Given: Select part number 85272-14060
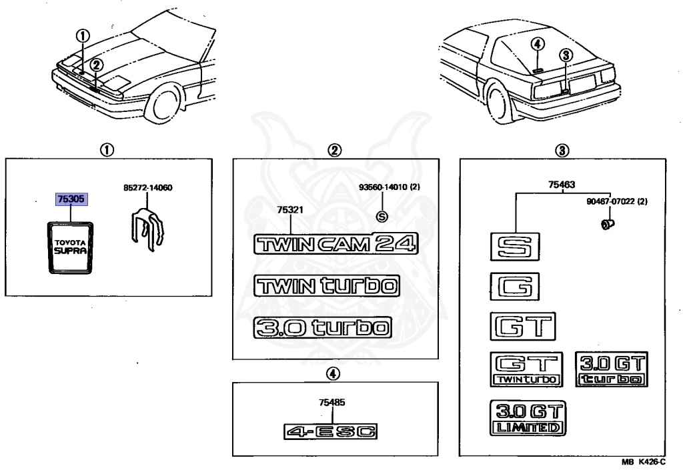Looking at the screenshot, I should click(x=147, y=188).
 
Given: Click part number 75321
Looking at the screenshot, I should click(x=291, y=210).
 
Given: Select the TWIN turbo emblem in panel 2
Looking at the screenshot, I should click(x=326, y=286).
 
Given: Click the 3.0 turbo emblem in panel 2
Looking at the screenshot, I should click(x=322, y=327).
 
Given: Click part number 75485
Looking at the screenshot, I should click(x=331, y=403).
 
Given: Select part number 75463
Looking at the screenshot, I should click(x=562, y=185).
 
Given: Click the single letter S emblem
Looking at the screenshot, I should click(x=514, y=247).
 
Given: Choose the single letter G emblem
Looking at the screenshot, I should click(x=514, y=287).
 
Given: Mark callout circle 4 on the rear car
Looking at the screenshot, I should click(x=539, y=44).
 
